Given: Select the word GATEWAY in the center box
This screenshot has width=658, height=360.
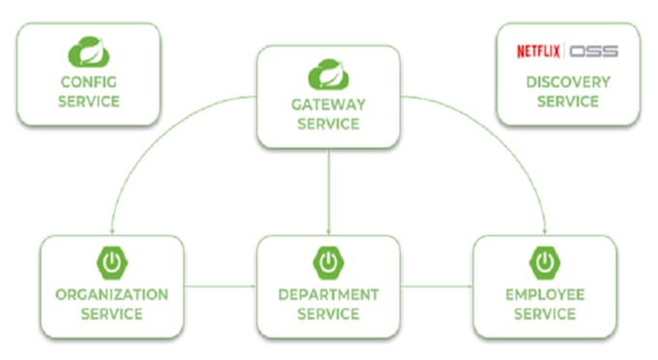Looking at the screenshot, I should click(329, 105).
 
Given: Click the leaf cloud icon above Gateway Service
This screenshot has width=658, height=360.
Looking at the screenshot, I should click(328, 75).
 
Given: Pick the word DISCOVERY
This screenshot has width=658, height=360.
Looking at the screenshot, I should click(568, 82).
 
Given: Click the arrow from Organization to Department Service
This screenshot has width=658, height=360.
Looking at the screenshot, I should click(221, 286).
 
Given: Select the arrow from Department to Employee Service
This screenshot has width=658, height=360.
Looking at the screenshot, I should click(437, 286).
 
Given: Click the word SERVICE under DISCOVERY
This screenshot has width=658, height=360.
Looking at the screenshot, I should click(568, 102).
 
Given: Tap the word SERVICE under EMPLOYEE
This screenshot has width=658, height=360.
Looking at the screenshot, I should click(545, 315).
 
